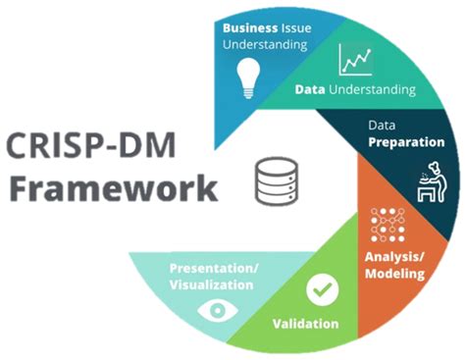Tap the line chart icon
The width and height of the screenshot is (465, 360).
click(354, 61)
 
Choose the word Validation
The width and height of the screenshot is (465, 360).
click(306, 324)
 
